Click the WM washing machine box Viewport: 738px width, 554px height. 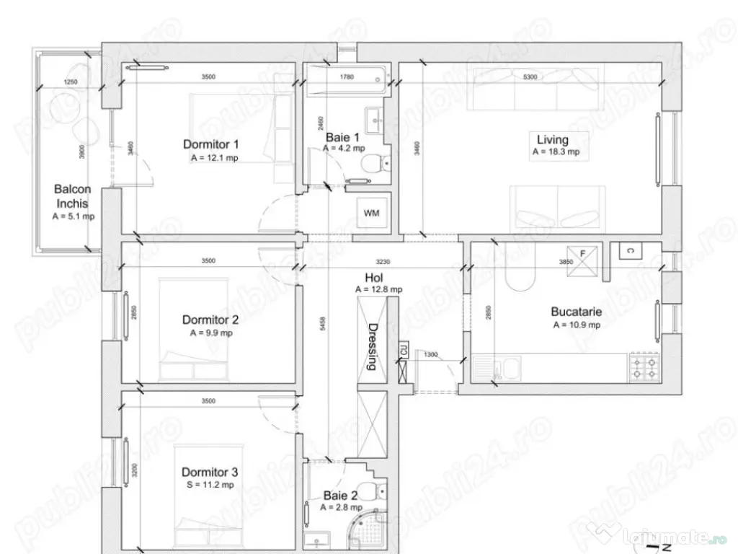click(x=372, y=214)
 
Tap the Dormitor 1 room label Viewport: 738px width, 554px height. click(x=210, y=144)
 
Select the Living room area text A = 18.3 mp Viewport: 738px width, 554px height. click(x=555, y=152)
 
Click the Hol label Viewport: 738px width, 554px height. click(x=373, y=277)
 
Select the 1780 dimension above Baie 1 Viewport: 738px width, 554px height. click(x=346, y=76)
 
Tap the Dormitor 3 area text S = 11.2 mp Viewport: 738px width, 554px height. click(x=208, y=485)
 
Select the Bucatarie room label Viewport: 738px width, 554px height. click(x=576, y=312)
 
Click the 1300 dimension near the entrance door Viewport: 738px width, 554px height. click(x=430, y=354)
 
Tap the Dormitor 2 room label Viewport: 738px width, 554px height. click(x=210, y=320)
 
